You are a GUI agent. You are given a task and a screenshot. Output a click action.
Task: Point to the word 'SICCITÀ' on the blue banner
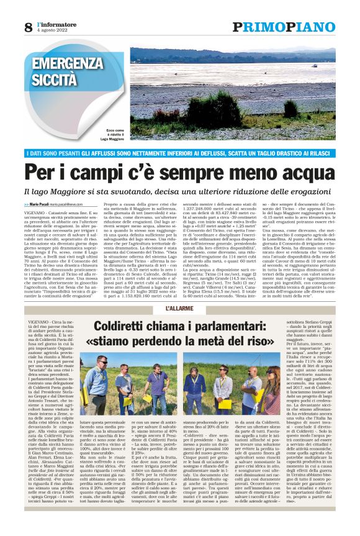pyautogui.click(x=54, y=80)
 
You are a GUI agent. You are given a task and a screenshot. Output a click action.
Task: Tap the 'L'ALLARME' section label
pyautogui.click(x=179, y=309)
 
